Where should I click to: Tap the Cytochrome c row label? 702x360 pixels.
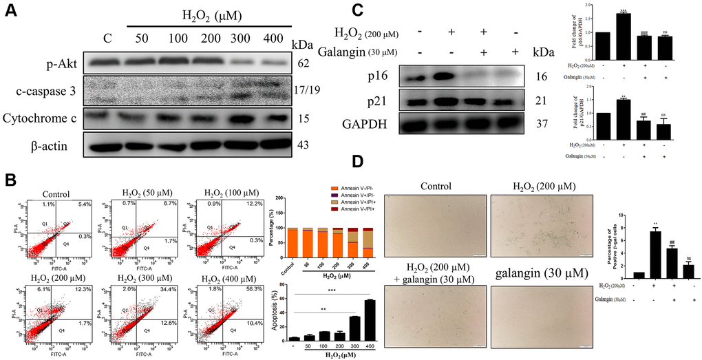coord(41,118)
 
